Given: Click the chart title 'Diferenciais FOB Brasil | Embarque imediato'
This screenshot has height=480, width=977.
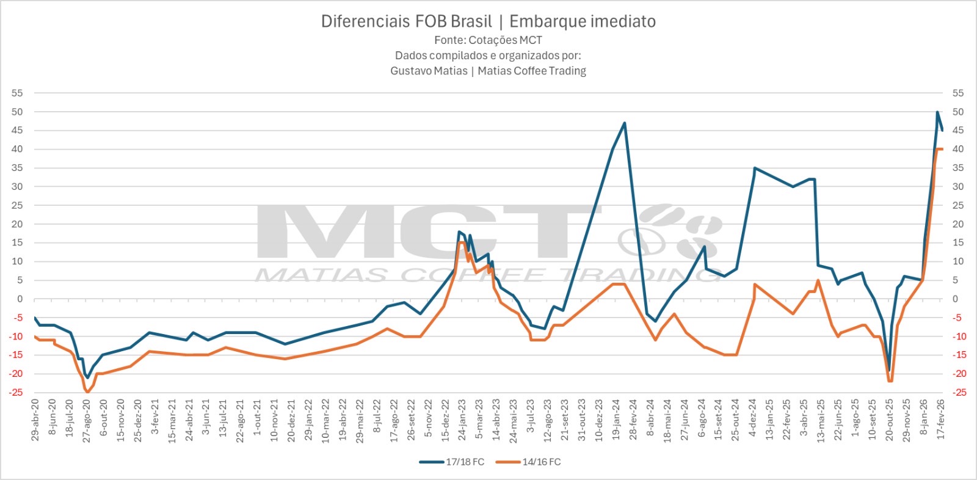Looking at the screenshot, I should [x=488, y=22].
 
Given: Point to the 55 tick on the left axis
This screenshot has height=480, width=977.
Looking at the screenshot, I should [x=17, y=93].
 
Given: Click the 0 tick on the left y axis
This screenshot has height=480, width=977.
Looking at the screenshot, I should [x=20, y=299].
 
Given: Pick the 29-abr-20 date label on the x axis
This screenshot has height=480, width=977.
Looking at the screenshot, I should [x=35, y=420].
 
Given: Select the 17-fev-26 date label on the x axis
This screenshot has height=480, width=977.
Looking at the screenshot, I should [x=941, y=420].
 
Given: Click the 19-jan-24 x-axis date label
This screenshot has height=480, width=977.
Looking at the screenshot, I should [x=616, y=420].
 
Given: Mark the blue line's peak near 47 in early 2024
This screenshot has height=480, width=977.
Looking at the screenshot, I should [x=624, y=123].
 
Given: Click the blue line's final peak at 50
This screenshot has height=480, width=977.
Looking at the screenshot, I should [x=937, y=112].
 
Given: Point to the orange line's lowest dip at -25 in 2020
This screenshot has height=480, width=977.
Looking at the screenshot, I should [x=87, y=392].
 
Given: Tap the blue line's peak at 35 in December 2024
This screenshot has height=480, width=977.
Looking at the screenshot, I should [x=755, y=168].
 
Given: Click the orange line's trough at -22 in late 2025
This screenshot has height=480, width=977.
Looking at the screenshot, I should [x=890, y=381].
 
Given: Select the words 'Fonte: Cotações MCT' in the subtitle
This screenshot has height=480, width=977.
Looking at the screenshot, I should [x=488, y=40].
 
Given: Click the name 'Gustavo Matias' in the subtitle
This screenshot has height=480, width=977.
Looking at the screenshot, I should [x=429, y=71].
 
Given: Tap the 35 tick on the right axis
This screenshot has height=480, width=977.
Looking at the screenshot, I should [x=958, y=168].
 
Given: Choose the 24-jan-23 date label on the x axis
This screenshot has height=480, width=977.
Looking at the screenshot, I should [x=462, y=420].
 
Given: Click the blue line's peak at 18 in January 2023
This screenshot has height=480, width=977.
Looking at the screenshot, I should [x=459, y=232].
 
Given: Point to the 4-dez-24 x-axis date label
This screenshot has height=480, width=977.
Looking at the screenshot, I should [x=753, y=420].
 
